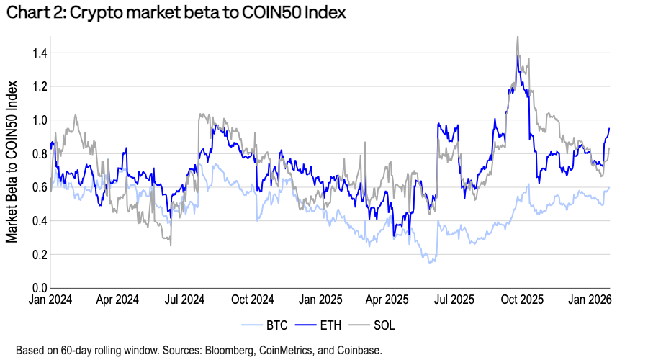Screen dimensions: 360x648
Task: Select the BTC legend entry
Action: [x=276, y=325]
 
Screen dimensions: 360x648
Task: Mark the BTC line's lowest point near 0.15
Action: [x=431, y=263]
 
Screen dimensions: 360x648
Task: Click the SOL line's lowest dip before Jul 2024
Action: [x=171, y=245]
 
